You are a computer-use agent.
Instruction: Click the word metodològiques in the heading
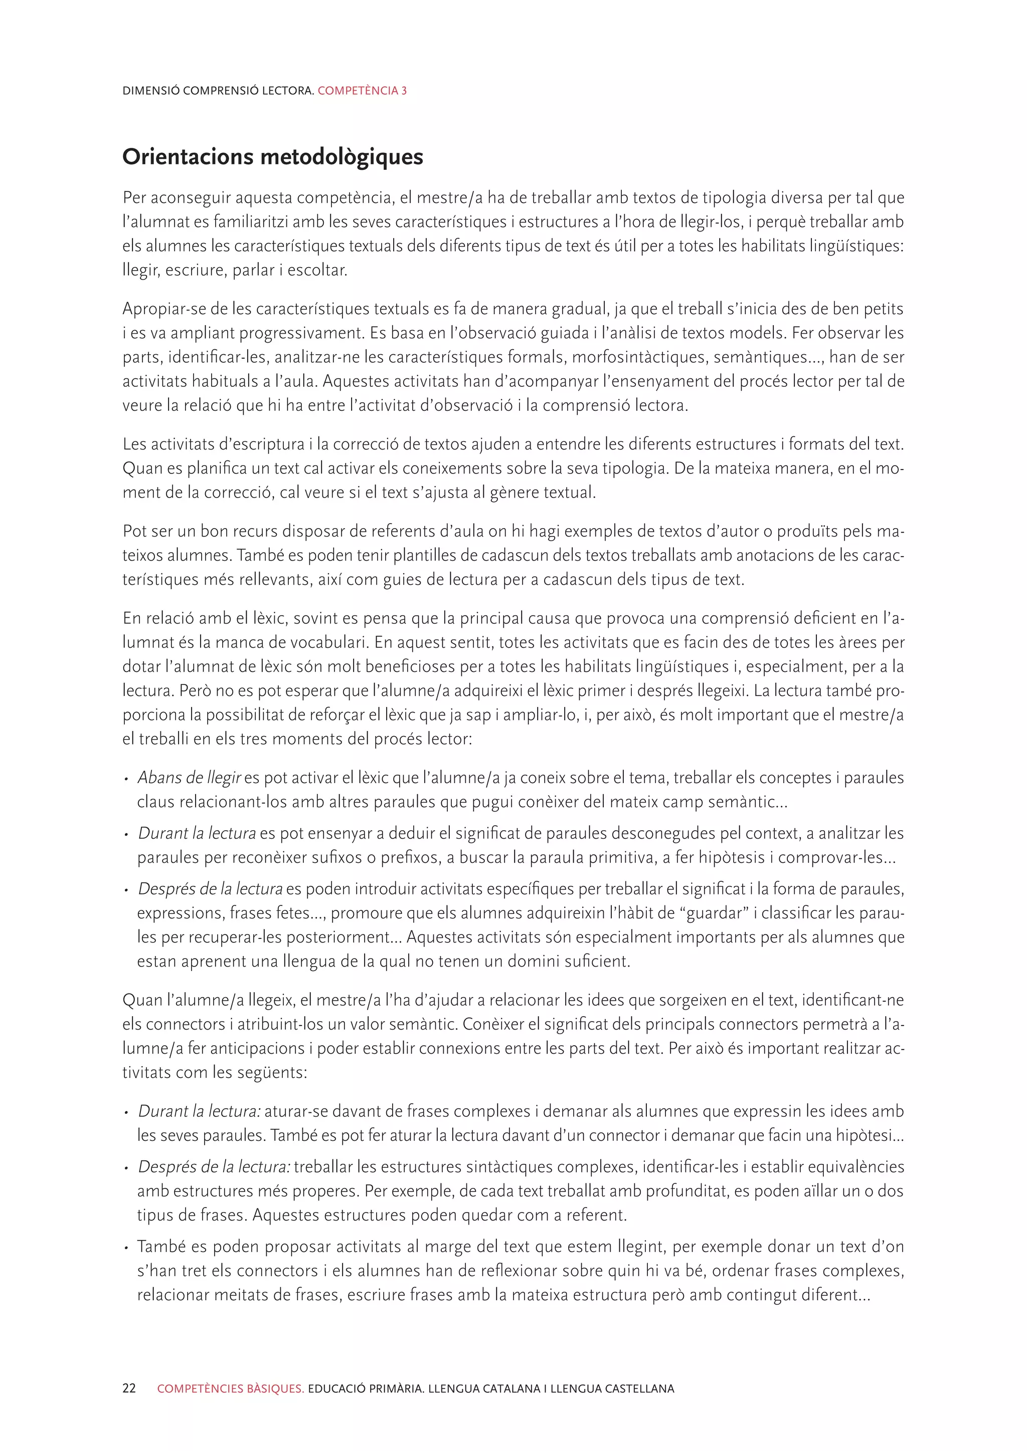pyautogui.click(x=342, y=157)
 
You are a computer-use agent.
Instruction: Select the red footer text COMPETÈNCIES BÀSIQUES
pyautogui.click(x=230, y=1388)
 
